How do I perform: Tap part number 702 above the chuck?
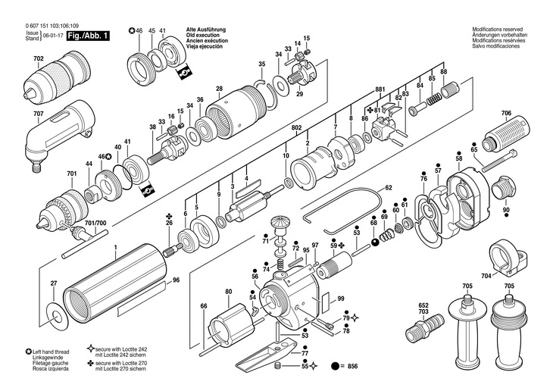tap(39, 58)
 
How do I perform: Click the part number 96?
tap(176, 280)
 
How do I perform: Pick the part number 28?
tap(220, 89)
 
